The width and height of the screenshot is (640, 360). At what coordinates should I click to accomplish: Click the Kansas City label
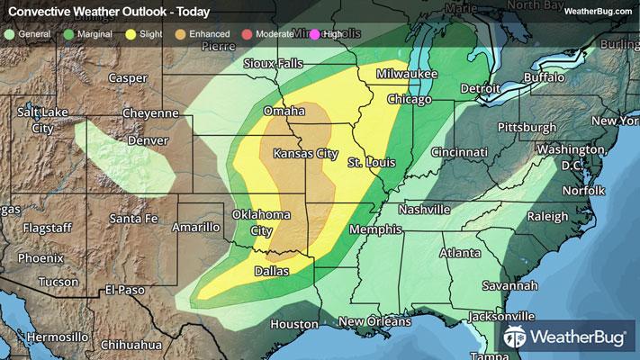[305, 154]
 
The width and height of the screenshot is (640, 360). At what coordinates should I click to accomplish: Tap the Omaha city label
[284, 111]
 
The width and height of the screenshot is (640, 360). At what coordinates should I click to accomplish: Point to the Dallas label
[272, 270]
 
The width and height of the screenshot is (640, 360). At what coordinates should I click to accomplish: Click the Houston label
[293, 324]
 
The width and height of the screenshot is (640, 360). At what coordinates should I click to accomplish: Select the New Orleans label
[375, 321]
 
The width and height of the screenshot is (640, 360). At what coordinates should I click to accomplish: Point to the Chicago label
[410, 99]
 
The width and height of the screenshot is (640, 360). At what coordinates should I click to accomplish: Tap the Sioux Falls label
[274, 65]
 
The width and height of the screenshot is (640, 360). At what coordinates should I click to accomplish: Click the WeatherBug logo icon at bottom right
[516, 337]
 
